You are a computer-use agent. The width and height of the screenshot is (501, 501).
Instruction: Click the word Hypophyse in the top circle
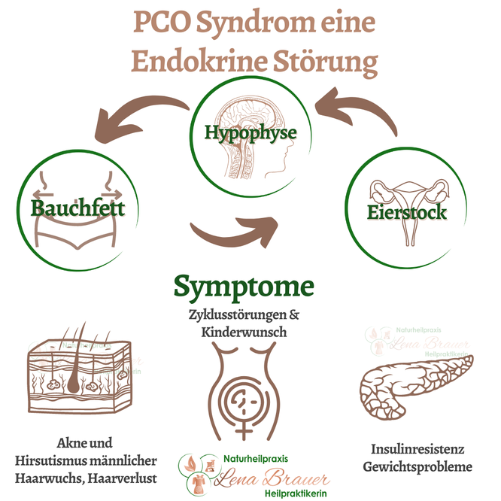[250, 133]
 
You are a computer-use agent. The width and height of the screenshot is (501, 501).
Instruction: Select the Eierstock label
[407, 212]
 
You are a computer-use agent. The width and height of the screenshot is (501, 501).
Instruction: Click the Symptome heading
[244, 286]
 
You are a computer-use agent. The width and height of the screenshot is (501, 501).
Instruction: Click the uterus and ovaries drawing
[406, 192]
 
